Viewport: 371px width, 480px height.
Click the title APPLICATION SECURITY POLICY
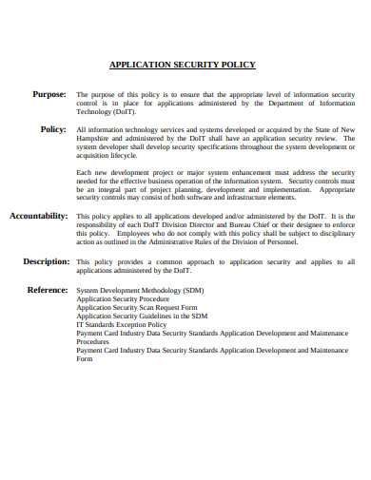[183, 66]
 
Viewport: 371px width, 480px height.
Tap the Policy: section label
[53, 128]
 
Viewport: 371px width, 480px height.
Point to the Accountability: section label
[38, 216]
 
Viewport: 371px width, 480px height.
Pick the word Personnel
[277, 242]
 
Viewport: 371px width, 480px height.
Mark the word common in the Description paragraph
[176, 260]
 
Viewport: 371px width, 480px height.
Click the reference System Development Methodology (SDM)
[139, 290]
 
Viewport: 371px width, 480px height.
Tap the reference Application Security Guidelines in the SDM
[141, 316]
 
